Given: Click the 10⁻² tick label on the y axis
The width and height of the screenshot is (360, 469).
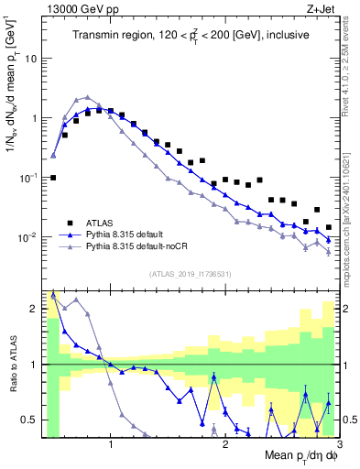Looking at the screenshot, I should [x=27, y=237].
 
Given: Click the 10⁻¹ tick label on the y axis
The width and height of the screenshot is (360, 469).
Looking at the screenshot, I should [x=27, y=178].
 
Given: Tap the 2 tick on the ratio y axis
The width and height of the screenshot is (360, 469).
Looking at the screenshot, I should [x=34, y=309].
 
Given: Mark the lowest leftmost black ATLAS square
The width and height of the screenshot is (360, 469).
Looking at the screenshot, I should [x=53, y=178].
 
